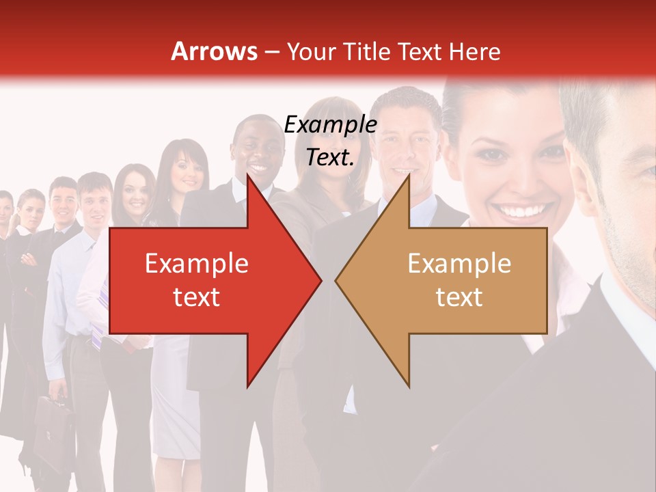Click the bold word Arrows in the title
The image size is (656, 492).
click(214, 51)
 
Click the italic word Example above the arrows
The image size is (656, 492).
click(330, 124)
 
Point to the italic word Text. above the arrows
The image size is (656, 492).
click(330, 157)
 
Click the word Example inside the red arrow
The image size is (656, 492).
click(196, 263)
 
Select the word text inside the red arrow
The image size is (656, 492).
click(196, 296)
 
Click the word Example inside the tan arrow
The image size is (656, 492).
click(459, 263)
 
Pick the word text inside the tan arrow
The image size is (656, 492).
click(459, 296)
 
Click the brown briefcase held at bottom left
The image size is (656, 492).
click(53, 427)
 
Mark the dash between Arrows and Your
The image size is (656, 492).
click(272, 52)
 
